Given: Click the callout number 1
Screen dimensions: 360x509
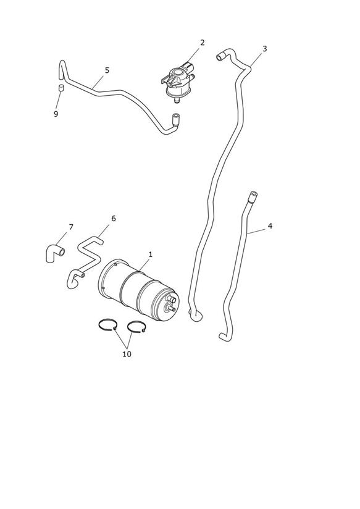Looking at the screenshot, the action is [150, 255].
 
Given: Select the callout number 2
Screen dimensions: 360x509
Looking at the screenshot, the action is [203, 43].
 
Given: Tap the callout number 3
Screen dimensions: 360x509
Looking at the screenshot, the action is [264, 49].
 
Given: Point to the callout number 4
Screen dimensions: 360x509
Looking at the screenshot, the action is [270, 226].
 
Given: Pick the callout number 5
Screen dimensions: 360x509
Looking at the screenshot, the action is [107, 70].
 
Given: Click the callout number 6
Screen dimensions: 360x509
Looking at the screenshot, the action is [113, 219].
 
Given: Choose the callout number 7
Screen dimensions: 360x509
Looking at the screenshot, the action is [71, 227].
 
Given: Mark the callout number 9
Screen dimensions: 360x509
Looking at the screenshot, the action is [56, 114].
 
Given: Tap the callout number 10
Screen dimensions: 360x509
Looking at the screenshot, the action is [127, 354].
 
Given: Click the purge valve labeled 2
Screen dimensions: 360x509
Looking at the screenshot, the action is [178, 82].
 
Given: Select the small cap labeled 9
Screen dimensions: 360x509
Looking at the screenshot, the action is [61, 88].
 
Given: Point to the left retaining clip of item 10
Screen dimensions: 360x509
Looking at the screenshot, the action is [107, 326].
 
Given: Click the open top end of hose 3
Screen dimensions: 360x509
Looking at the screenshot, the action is [219, 58].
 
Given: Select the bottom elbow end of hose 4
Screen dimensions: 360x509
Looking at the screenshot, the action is [224, 337].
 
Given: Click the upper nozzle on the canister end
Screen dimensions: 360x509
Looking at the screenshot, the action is [172, 298].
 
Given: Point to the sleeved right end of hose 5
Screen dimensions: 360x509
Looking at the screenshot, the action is [175, 119].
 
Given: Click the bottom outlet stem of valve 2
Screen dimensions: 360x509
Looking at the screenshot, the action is [177, 100].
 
